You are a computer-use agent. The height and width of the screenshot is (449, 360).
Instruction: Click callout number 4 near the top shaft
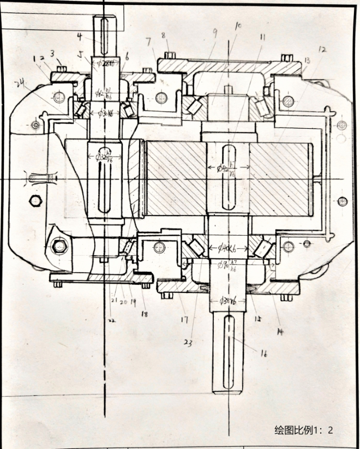pos(80,37)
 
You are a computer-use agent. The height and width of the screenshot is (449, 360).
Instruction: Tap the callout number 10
pos(238,26)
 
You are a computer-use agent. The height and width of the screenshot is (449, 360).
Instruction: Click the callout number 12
pos(322,50)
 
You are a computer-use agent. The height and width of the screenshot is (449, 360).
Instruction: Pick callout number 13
pos(307,60)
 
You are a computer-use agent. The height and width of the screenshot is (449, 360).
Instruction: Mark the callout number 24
pos(21,82)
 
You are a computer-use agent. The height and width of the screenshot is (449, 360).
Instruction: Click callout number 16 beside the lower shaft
pos(264,354)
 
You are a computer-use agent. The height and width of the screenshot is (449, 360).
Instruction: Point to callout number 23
pos(189,343)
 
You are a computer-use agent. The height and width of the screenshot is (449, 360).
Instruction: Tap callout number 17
pos(184,319)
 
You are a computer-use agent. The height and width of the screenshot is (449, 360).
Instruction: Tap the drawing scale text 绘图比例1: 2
pos(303,430)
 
